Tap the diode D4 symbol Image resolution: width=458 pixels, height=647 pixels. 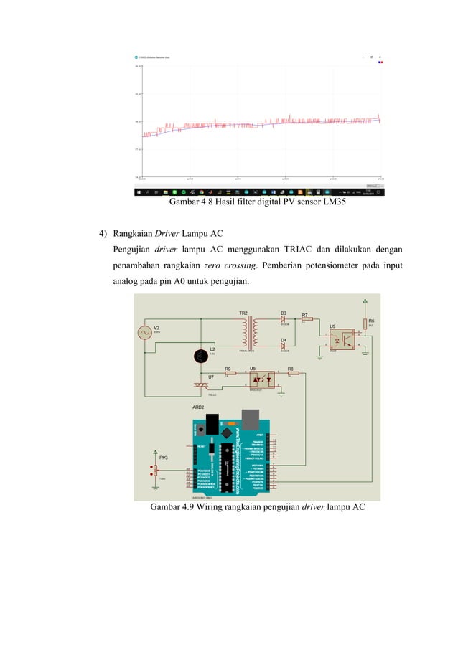coord(284,346)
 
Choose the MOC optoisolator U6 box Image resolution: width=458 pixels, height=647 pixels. coord(256,379)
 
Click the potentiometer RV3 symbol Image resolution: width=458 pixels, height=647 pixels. coord(155,471)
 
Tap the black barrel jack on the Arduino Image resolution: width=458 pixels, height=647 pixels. coord(212,423)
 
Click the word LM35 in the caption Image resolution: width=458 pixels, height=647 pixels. coord(333,202)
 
